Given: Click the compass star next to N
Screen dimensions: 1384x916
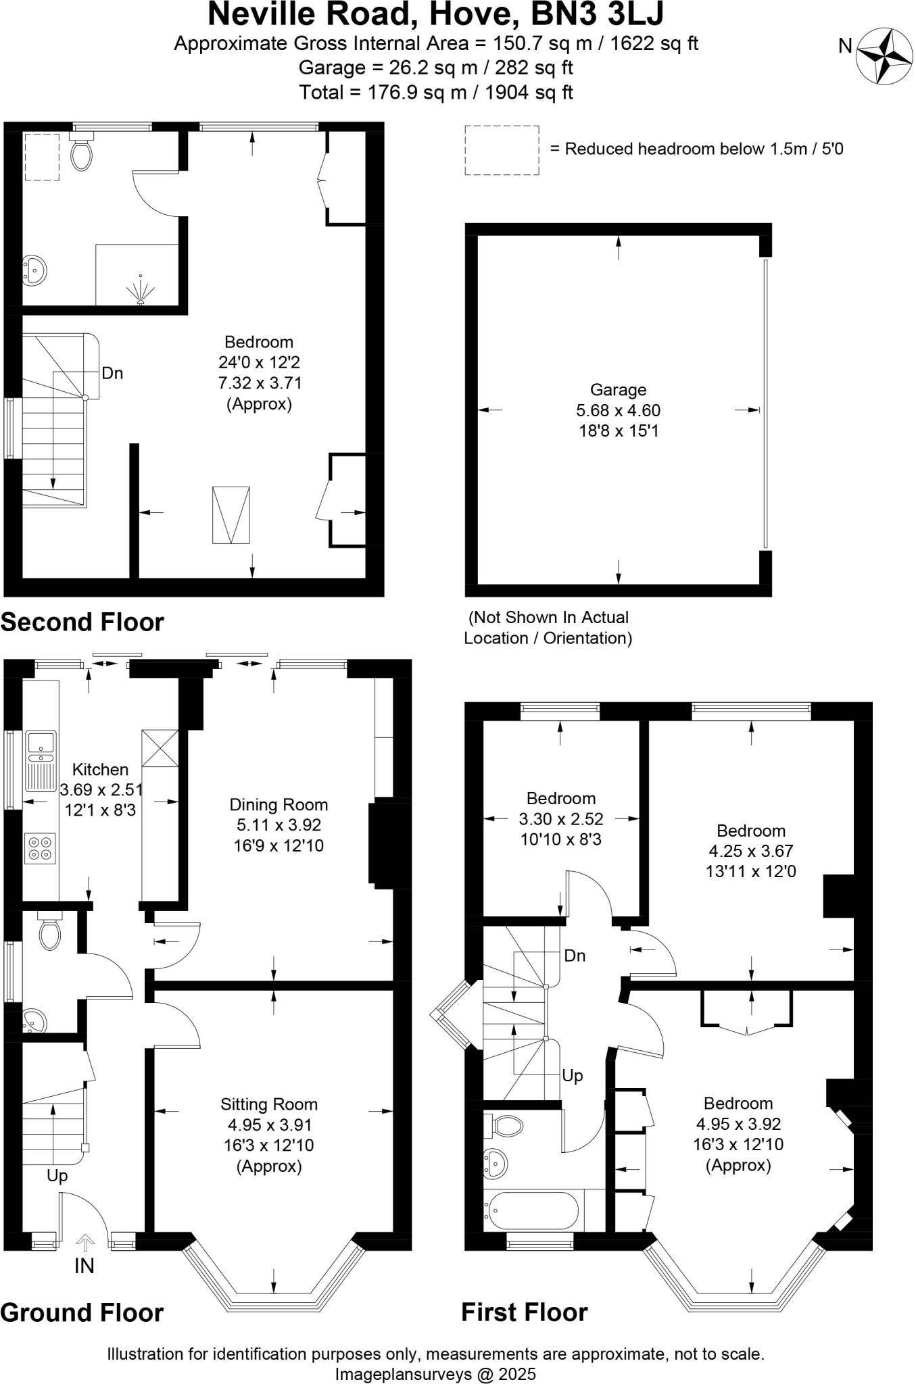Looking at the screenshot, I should (884, 55).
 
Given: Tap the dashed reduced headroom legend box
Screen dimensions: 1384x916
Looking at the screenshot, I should (502, 150).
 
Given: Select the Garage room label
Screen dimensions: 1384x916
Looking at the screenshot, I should (618, 390).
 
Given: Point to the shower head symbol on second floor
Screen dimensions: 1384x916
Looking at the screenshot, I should (141, 291).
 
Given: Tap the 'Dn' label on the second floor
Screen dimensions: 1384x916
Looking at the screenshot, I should (112, 373).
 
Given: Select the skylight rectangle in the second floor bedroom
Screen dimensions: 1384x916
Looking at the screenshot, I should (231, 515).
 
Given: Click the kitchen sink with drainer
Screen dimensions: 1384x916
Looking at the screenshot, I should (41, 761).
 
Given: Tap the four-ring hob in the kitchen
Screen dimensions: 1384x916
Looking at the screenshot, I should (40, 848).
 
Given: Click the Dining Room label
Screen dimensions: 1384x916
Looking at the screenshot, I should (279, 805).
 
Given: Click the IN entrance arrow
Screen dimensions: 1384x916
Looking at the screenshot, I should (85, 1242).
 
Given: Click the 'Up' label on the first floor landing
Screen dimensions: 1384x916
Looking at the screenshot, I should (572, 1075).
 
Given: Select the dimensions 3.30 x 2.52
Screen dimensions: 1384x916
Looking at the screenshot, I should (561, 819).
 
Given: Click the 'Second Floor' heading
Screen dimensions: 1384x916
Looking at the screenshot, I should (82, 622).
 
